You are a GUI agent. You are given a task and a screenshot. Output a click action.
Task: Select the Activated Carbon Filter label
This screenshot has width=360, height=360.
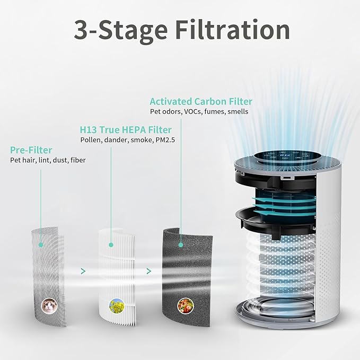click(x=201, y=101)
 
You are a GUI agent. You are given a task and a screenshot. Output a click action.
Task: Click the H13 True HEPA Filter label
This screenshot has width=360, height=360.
click(x=126, y=129)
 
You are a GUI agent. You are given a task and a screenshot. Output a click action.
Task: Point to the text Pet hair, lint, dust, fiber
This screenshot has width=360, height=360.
click(x=48, y=160)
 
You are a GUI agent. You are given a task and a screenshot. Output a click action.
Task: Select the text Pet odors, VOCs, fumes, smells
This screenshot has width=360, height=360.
click(x=199, y=112)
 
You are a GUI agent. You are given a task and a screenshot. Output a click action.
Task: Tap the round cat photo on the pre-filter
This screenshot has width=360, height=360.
click(x=49, y=304)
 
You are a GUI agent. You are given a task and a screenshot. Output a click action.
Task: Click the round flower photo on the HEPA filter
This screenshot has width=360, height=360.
click(x=115, y=305)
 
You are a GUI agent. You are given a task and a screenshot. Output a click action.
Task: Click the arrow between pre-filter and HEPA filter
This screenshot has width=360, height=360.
click(x=82, y=271)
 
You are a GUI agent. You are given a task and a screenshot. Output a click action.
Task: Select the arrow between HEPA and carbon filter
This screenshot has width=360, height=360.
click(x=148, y=271)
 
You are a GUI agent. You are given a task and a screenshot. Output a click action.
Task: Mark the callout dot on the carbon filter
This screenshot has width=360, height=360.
click(x=181, y=245)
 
